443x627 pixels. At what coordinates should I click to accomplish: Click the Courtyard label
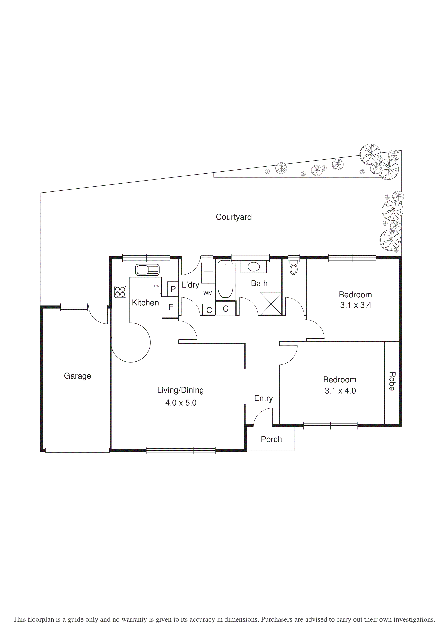point(234,217)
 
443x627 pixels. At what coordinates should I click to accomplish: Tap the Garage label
point(78,376)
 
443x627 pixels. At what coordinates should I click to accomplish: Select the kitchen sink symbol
point(147,270)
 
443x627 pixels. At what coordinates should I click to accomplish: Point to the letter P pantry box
point(173,289)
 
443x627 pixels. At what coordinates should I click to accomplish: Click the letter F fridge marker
point(171,307)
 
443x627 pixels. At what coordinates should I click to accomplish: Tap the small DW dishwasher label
point(157,286)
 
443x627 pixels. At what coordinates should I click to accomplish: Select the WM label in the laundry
point(208,293)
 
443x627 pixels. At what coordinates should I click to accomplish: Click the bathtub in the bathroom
point(225,279)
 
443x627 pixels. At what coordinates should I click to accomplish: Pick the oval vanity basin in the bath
point(254,267)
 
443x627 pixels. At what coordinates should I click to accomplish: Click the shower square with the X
point(271,303)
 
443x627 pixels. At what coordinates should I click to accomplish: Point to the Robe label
point(392,381)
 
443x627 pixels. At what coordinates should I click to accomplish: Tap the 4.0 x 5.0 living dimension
point(181,403)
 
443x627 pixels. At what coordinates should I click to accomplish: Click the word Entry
point(263,398)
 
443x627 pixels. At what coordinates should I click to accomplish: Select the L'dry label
point(190,285)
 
